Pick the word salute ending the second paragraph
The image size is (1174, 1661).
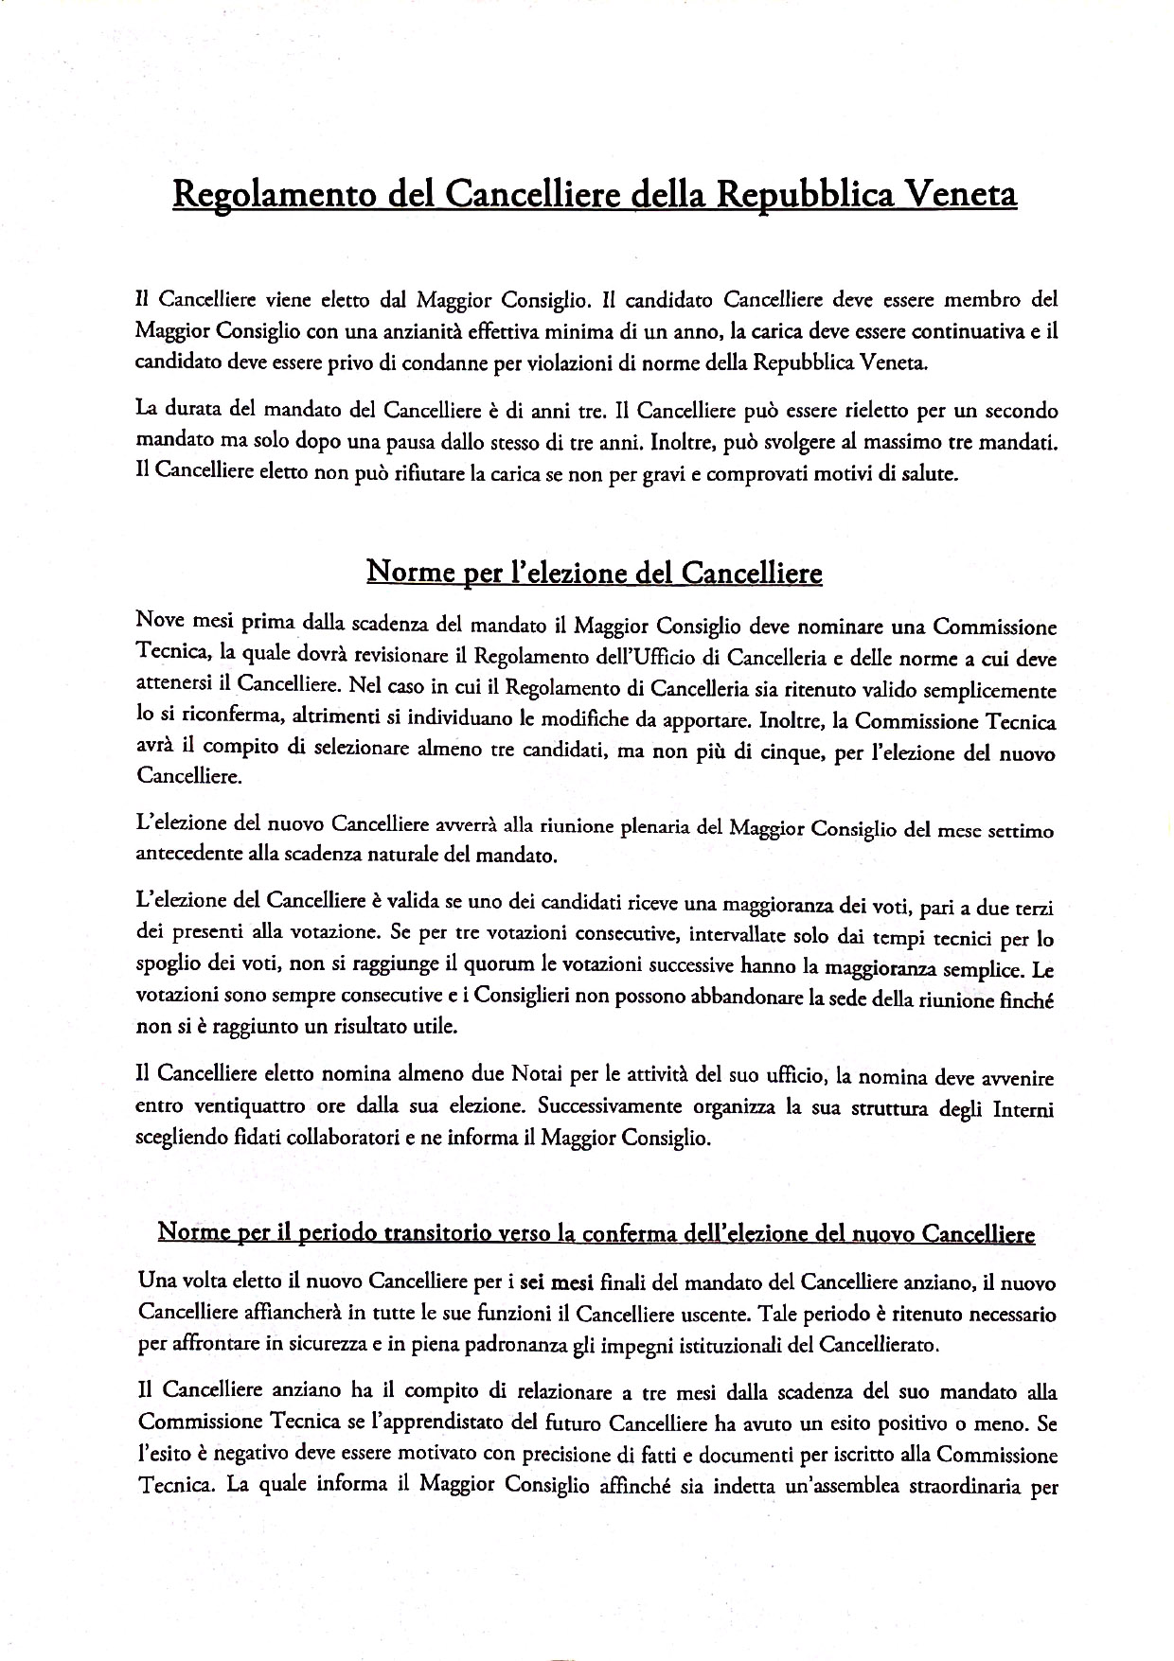(928, 474)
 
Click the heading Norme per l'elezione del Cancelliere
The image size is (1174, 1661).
(594, 574)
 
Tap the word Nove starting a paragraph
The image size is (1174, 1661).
(160, 626)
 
